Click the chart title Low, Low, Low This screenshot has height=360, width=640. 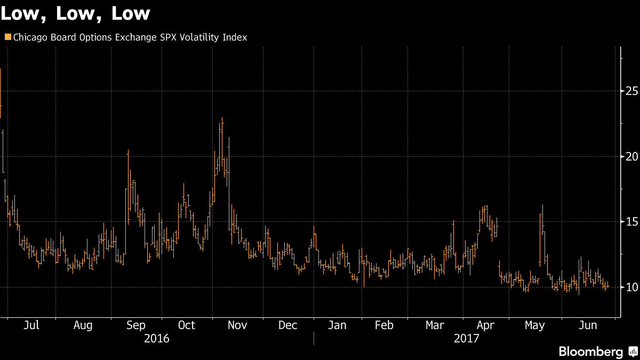75,13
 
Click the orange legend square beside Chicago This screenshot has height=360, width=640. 7,37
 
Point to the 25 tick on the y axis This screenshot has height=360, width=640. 632,91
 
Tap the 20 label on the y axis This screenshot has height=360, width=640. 632,156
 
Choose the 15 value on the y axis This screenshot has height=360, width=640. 632,222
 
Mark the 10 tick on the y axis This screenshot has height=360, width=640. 632,287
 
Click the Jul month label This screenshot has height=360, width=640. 32,325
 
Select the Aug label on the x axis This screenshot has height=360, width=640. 83,325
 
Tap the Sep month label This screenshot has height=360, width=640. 135,325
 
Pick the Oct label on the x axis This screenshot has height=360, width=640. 187,325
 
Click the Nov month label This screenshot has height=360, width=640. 237,325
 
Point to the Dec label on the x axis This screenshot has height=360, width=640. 288,325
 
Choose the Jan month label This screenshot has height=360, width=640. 337,325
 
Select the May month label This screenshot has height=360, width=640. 535,325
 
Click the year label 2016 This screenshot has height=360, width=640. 157,339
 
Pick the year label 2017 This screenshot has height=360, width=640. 467,339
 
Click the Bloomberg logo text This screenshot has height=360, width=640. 590,351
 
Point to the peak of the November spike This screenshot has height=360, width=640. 222,118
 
